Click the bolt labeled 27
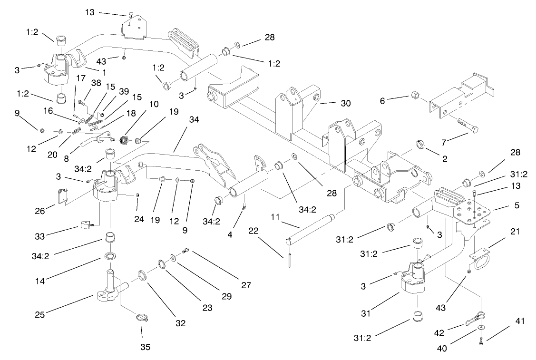[x=186, y=251]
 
